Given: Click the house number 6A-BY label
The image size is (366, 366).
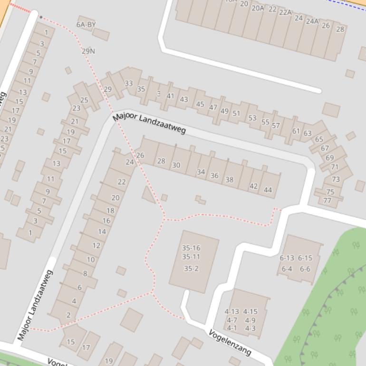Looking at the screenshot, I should point(86,24).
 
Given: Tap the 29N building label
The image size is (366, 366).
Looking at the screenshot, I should point(88,51).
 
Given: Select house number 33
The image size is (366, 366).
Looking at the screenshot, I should point(129,83).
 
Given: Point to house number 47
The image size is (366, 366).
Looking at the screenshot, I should point(213,107).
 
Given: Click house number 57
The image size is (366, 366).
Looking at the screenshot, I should point(276,125).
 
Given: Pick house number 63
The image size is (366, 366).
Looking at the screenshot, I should point(308,133).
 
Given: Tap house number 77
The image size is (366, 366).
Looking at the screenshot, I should point(327,200).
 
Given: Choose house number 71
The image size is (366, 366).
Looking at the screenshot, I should point(335,167).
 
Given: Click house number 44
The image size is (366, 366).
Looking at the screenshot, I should point(268,190).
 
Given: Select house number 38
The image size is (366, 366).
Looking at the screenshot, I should point(229,179).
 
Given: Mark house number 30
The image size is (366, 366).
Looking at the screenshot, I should point(176,165).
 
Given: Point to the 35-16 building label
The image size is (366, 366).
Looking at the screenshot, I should point(191,248).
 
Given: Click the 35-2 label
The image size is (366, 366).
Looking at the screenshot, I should point(191,269).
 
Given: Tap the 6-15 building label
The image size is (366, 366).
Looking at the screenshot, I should point(305,258).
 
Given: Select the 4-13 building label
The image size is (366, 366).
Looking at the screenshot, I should point(232,312).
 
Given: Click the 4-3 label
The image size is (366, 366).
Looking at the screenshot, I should point(250,328).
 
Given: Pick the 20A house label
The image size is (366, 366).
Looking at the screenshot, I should point(258,8).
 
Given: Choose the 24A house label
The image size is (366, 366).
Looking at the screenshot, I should point(312,21).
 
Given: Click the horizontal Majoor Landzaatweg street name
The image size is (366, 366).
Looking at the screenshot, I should point(149,123).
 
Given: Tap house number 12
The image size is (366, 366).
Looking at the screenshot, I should point(96,245).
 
